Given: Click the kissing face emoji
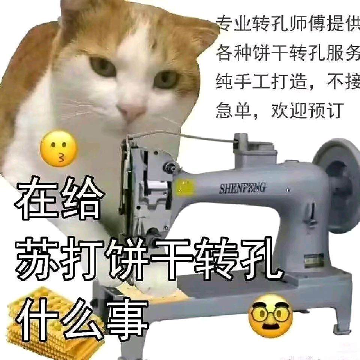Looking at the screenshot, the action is point(59,149).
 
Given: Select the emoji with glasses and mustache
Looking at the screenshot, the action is point(271,317).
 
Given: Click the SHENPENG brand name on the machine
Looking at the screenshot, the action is point(243,188).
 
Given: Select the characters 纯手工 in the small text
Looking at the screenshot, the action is point(243,82).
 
